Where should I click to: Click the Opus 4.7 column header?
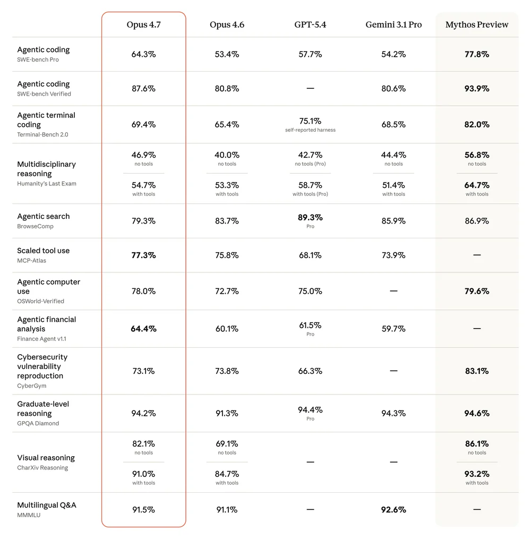pos(143,25)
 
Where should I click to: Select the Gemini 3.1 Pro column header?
pos(393,25)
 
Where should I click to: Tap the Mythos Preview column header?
pos(477,25)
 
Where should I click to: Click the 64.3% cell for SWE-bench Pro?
pos(143,54)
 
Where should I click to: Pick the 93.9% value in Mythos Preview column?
pos(477,89)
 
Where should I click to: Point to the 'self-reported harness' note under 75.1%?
pos(310,130)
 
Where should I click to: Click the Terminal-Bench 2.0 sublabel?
pos(42,135)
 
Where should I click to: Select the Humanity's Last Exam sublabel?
pos(47,184)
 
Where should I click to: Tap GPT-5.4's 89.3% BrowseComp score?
pos(310,218)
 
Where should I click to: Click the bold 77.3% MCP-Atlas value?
pos(143,255)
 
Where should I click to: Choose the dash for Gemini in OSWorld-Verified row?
pos(393,291)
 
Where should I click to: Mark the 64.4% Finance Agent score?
pos(143,329)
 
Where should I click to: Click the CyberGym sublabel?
pos(31,386)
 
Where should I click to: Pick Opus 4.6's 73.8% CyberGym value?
pos(227,371)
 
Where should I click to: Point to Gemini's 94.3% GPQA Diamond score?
pos(393,413)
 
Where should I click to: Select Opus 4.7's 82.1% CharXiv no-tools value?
pos(143,444)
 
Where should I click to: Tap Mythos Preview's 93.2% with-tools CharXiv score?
pos(477,474)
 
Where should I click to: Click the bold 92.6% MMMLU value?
pos(393,510)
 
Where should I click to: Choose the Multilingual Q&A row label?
pos(47,505)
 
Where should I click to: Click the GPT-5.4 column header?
pos(310,25)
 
